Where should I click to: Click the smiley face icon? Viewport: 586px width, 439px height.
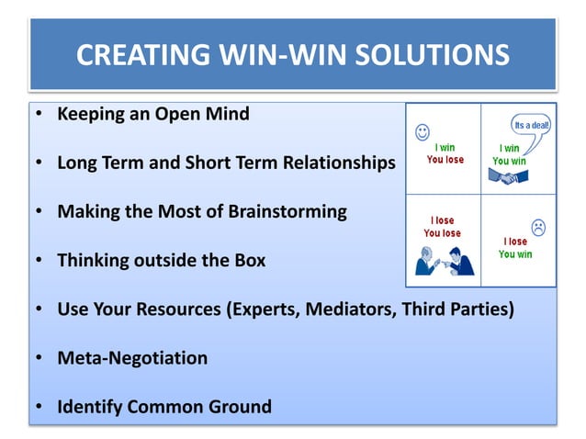point(422,130)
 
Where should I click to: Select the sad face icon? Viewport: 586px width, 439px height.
point(538,226)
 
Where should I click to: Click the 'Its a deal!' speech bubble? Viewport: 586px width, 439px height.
point(532,125)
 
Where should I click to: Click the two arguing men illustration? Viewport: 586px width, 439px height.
point(445,262)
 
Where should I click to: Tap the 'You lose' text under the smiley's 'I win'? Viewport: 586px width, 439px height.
point(445,159)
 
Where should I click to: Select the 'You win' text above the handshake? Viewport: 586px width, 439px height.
point(511,160)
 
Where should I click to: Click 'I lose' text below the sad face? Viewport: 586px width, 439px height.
point(514,242)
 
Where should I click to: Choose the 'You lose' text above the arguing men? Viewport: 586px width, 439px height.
point(442,233)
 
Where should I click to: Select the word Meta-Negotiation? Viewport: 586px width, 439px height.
point(132,358)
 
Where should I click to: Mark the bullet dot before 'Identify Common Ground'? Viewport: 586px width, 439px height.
point(41,406)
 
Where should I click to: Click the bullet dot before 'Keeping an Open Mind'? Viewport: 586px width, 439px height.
point(41,116)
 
